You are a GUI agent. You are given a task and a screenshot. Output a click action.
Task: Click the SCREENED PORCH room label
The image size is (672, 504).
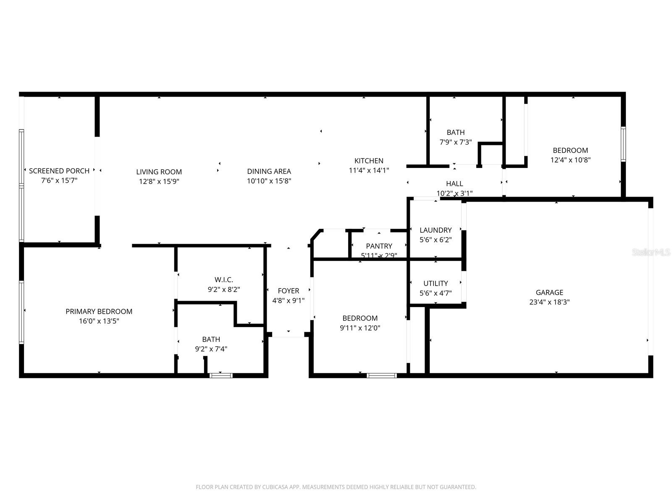pos(59,171)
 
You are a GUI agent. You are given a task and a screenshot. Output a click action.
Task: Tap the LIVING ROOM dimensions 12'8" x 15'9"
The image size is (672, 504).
pos(159,181)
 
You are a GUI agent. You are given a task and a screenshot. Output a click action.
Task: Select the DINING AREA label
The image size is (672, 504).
pos(269,171)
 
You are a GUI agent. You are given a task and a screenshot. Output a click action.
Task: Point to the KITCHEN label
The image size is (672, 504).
pos(369,161)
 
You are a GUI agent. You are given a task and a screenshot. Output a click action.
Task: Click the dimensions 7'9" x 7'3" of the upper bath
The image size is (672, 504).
pos(456,142)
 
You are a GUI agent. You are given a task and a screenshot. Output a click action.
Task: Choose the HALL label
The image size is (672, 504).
pos(454,184)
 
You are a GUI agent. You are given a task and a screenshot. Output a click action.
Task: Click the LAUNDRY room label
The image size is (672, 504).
pos(436,230)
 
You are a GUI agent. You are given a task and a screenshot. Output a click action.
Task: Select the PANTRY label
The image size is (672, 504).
pos(379,246)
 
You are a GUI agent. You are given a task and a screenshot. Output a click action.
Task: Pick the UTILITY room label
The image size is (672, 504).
pos(436,283)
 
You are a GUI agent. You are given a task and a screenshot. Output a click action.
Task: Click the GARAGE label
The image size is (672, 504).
pos(549,293)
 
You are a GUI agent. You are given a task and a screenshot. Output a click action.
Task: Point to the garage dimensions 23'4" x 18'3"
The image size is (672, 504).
pos(549,302)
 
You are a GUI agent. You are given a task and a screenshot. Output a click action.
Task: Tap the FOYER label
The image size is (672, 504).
pos(289,291)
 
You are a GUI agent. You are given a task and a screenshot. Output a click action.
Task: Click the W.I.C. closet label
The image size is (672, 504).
pos(224,280)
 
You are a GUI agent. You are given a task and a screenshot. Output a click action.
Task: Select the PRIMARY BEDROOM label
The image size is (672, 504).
pos(99,312)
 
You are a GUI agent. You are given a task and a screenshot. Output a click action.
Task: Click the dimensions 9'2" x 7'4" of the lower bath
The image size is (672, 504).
pos(211,349)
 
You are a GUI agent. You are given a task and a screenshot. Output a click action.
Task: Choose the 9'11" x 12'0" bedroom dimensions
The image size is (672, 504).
pos(360,328)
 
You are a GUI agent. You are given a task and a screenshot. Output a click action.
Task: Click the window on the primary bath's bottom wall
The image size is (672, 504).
pos(221,375)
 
